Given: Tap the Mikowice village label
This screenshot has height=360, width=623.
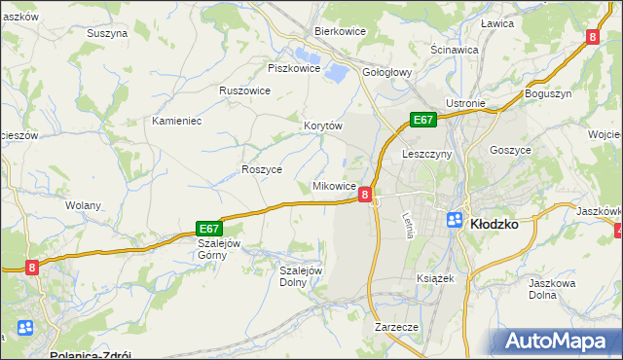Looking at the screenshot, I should tap(333, 186).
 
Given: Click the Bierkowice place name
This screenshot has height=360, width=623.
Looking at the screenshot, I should tap(339, 31).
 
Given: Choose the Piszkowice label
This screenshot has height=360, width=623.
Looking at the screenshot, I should tap(293, 68).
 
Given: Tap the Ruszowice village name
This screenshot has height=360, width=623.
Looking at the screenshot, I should tap(244, 90).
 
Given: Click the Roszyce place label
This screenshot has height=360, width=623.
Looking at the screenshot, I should tap(261, 169).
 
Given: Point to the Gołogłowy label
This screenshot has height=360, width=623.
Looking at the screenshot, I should tap(388, 72).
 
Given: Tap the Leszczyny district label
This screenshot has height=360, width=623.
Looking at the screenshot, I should tap(424, 154).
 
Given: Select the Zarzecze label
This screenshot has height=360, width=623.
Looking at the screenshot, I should tap(396, 327).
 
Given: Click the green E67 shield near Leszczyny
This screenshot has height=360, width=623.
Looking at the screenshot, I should tap(421, 120).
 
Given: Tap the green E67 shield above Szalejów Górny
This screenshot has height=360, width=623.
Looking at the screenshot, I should tap(209, 227).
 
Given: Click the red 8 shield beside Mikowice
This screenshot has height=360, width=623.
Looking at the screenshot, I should tap(364, 195).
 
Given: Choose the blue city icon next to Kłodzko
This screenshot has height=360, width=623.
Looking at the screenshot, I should tap(455, 220).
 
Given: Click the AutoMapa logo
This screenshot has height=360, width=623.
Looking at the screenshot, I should tap(562, 342).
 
